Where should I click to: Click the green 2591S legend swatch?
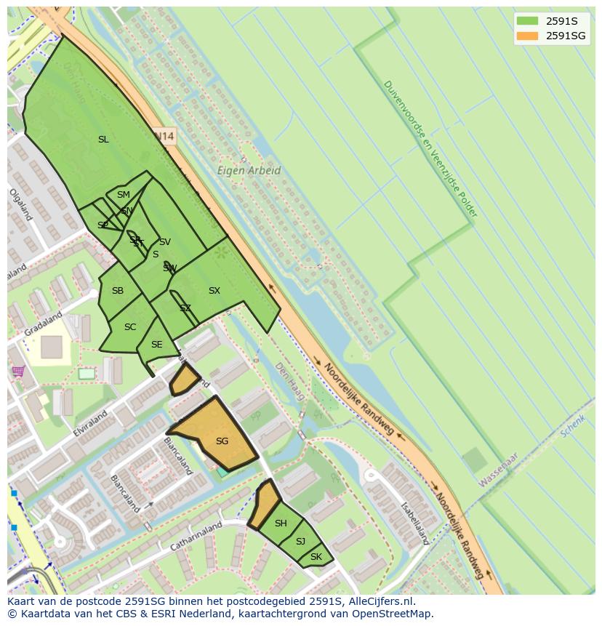[x=527, y=21]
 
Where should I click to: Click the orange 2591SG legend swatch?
[x=527, y=36]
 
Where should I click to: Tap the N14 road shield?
[x=165, y=136]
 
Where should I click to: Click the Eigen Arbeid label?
[x=249, y=171]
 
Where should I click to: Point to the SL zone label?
[x=103, y=140]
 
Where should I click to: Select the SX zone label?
[x=214, y=291]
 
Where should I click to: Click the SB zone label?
[x=118, y=291]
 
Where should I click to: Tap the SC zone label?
[x=130, y=327]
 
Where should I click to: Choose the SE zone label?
[x=156, y=345]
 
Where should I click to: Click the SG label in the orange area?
[x=222, y=441]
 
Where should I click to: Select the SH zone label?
[x=281, y=523]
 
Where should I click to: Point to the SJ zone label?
[x=300, y=542]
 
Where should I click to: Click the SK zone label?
[x=316, y=558]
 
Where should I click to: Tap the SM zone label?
[x=124, y=195]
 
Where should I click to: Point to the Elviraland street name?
[x=89, y=422]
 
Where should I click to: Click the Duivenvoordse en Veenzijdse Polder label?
[x=430, y=149]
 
